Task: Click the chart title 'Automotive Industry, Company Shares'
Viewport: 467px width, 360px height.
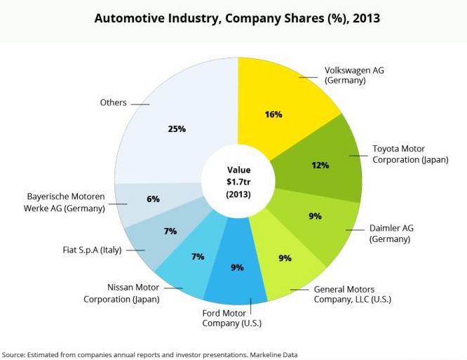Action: tap(237, 18)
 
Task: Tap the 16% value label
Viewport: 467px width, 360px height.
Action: tap(273, 114)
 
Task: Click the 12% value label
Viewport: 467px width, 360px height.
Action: tap(320, 166)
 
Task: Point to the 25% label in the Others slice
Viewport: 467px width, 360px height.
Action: tap(177, 128)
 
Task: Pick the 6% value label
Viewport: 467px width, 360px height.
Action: tap(153, 199)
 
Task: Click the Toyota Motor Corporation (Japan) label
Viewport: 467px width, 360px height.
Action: tap(410, 154)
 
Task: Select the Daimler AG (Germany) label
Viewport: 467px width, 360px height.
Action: tap(390, 234)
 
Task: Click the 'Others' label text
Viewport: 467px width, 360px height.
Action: tap(113, 102)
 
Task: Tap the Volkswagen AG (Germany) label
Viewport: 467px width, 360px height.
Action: tap(354, 75)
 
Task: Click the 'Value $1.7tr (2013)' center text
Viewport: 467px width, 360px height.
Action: tap(238, 182)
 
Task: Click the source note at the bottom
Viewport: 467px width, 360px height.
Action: tap(149, 355)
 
